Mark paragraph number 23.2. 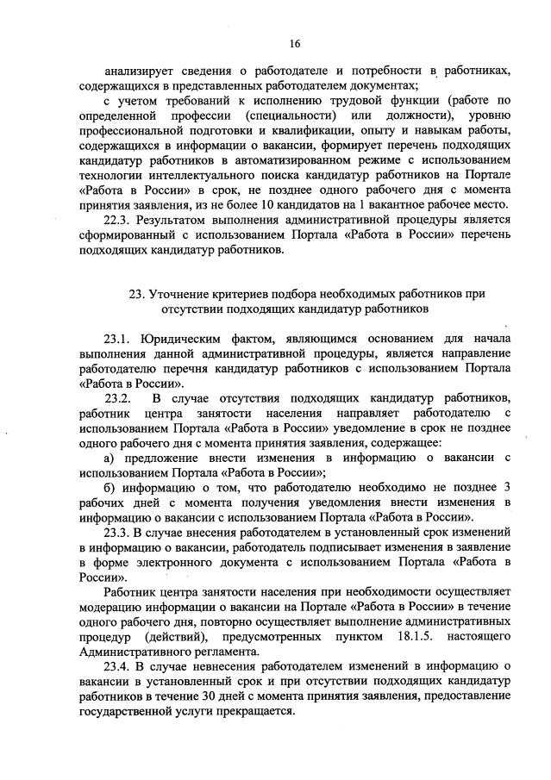[x=117, y=397]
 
